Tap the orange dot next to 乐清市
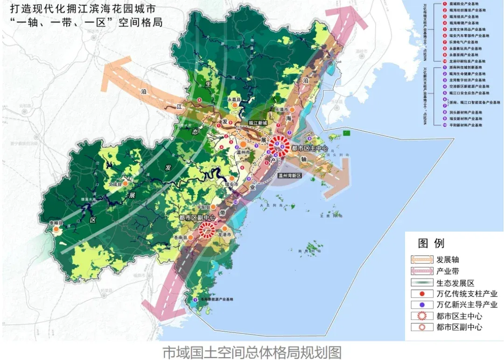292,110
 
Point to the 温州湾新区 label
290,176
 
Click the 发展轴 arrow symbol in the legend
422,259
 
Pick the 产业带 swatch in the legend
422,271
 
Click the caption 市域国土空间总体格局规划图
252,351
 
